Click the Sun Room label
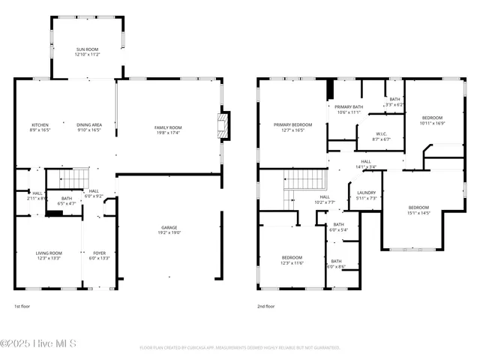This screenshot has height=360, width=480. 87,51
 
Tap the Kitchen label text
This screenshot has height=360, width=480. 40,127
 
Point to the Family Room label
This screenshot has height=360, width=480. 168,130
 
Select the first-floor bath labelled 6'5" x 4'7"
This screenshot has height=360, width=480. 66,200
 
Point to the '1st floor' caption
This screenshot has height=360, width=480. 22,306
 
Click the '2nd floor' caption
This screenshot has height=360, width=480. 265,306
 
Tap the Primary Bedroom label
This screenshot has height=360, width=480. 292,127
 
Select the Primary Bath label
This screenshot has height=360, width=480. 349,109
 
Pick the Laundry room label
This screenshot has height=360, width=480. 367,195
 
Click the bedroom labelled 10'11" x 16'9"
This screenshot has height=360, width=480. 432,120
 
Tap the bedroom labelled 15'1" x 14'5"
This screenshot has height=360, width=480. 418,210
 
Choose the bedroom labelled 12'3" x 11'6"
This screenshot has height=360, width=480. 292,259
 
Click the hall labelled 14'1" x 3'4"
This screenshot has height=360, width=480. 366,163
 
